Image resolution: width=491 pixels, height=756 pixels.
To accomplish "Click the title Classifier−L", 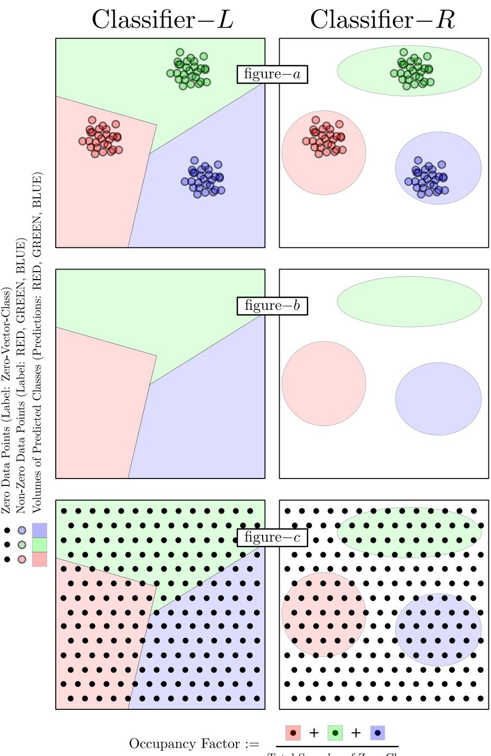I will click(x=162, y=20).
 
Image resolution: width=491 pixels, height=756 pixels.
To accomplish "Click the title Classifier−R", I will click(x=382, y=20).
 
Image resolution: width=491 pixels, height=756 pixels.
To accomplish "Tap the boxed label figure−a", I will click(x=272, y=74).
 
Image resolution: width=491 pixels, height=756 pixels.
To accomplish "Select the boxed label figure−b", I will click(x=272, y=306).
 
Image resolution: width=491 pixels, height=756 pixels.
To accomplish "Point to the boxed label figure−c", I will click(x=272, y=537).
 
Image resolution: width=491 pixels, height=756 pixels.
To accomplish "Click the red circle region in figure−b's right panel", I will click(x=324, y=383).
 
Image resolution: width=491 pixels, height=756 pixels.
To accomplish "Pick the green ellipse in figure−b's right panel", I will click(x=409, y=301).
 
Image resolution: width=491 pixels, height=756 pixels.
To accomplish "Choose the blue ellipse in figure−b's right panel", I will click(x=438, y=398).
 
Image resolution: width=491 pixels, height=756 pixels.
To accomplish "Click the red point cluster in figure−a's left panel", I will click(x=101, y=137).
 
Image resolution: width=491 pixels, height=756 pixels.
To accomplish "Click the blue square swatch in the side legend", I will click(x=39, y=530).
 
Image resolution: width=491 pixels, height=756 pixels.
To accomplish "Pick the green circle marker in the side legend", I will click(x=22, y=544).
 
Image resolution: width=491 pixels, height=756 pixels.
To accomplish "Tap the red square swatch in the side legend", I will click(x=39, y=559).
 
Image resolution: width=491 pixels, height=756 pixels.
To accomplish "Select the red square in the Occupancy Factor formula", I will click(x=293, y=733).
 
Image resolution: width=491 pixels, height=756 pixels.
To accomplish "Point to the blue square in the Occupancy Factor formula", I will click(x=377, y=733).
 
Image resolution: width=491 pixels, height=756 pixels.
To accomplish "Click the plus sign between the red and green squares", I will click(x=314, y=733).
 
